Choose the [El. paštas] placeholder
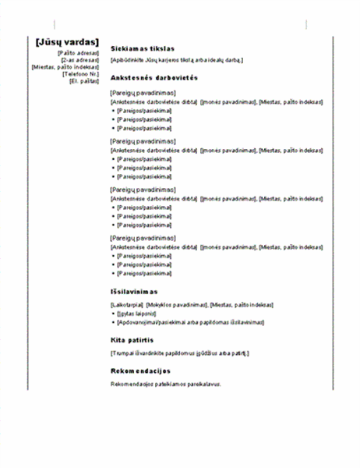(84, 81)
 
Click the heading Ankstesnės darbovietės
(156, 78)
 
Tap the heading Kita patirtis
(136, 341)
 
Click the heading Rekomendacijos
(141, 370)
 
